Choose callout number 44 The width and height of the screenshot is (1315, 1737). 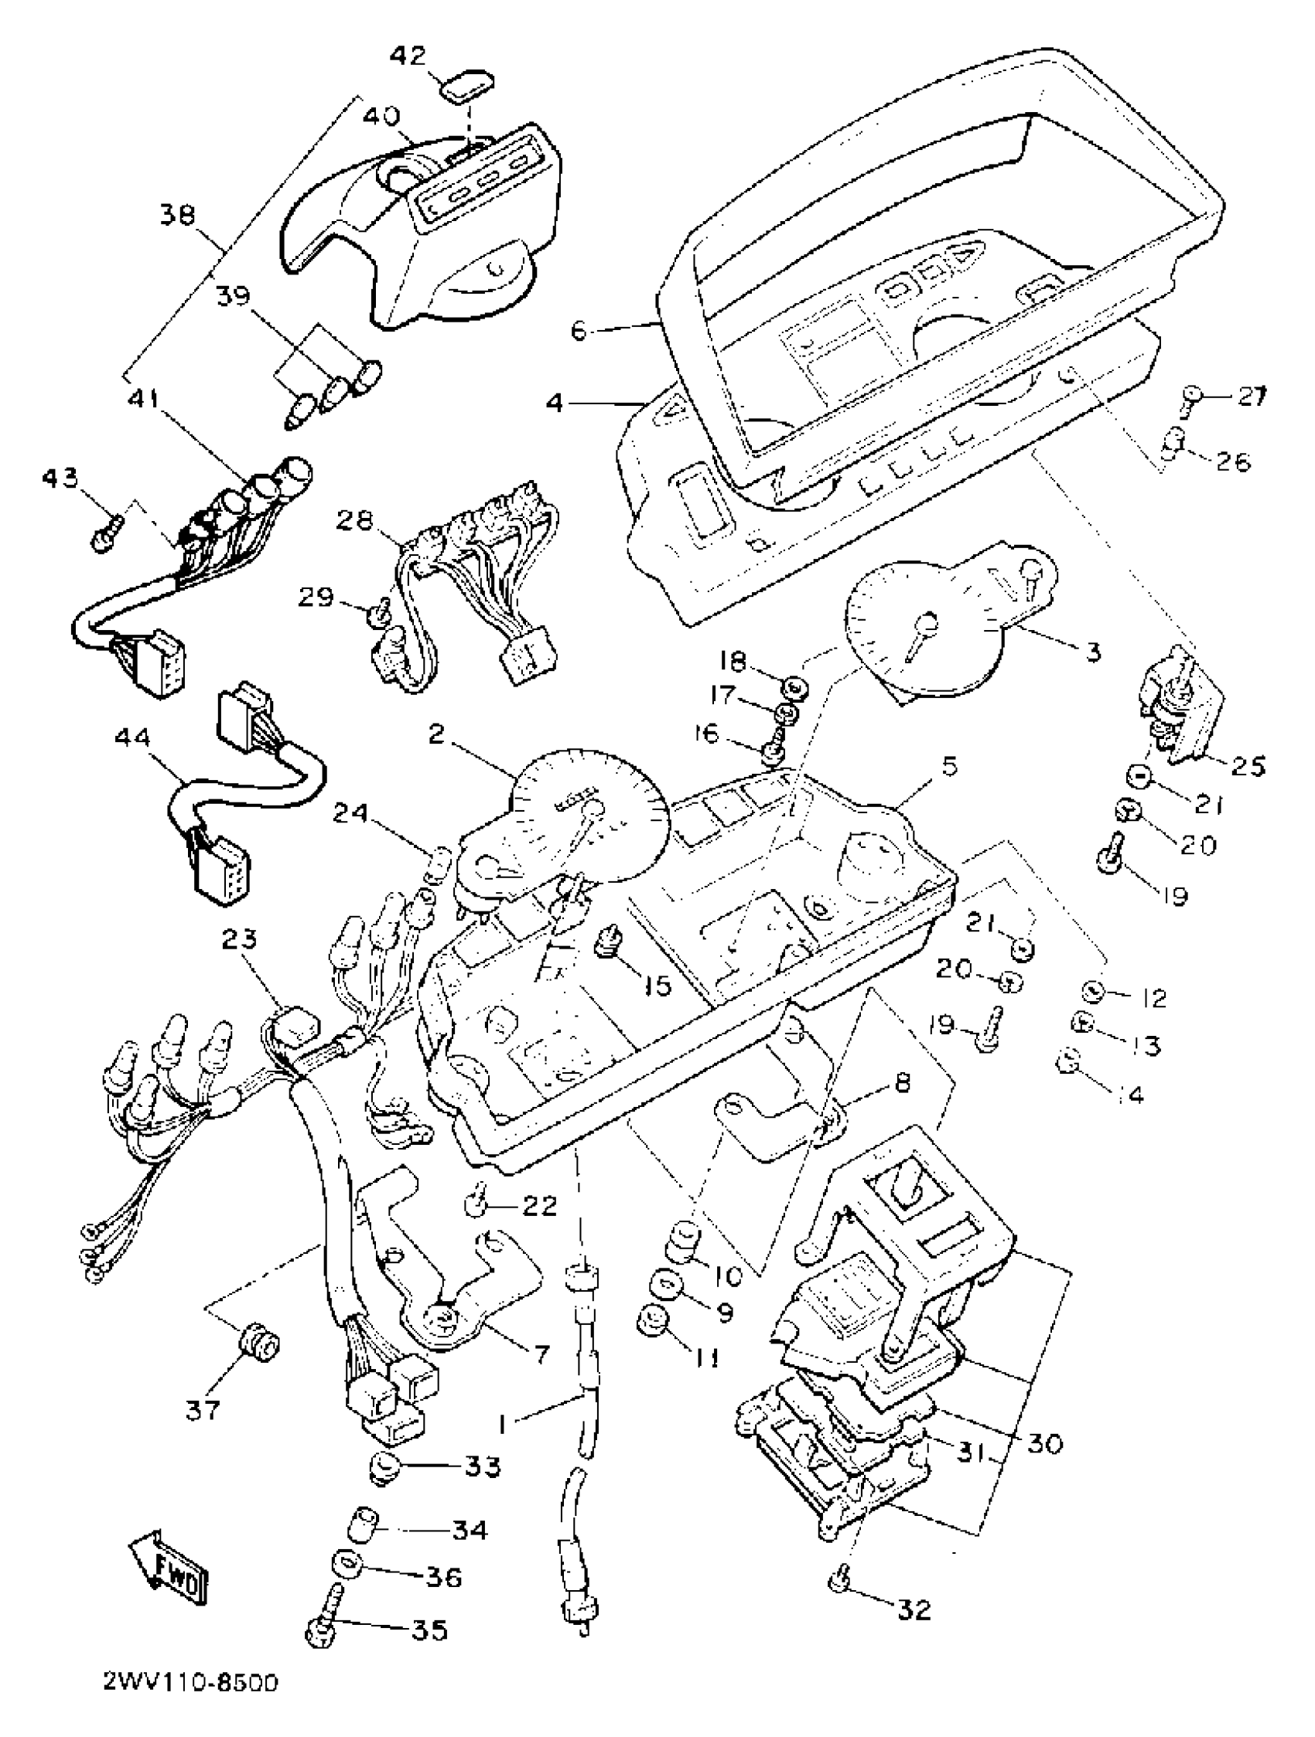click(x=134, y=738)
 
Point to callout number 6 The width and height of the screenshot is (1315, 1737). click(x=579, y=332)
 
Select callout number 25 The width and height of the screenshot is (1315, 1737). click(x=1243, y=765)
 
